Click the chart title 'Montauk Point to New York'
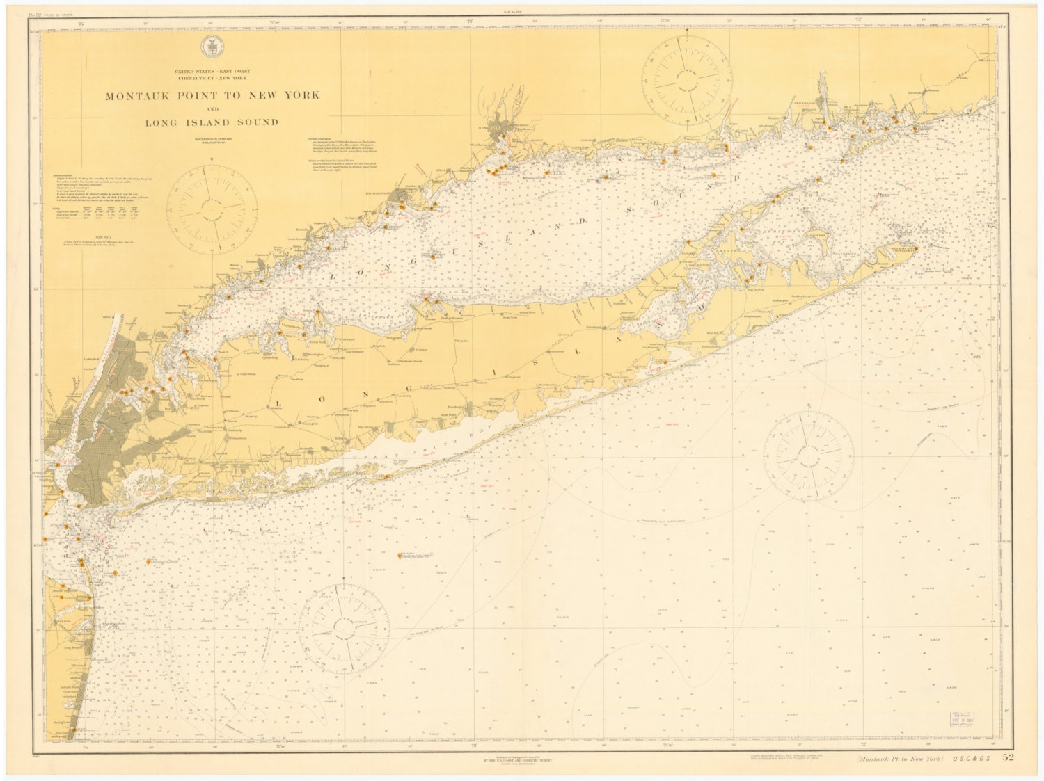point(212,95)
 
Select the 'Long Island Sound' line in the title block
point(212,122)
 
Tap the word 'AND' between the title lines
point(212,109)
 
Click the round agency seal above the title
point(207,47)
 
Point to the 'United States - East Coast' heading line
point(212,72)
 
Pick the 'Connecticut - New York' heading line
point(212,78)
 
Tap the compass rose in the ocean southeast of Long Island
point(808,455)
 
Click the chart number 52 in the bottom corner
point(1009,757)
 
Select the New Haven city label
point(496,129)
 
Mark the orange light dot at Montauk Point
point(916,248)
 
